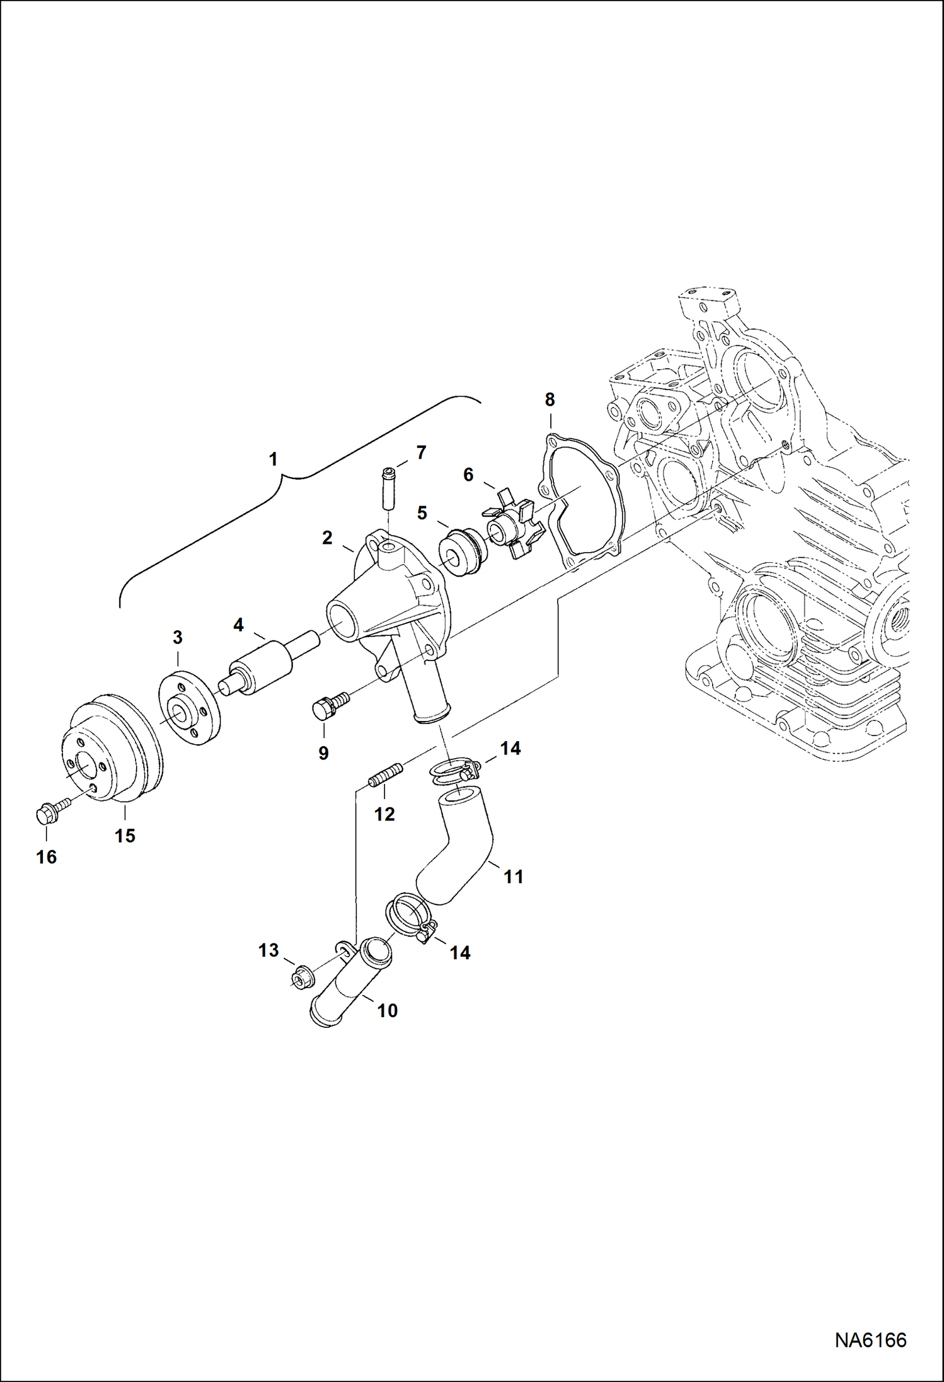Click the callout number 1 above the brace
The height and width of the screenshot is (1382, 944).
[273, 459]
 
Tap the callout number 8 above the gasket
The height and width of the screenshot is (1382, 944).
[550, 399]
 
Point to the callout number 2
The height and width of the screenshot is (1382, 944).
[326, 538]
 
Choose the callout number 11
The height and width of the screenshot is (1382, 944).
[513, 877]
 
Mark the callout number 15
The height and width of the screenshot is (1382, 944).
[125, 836]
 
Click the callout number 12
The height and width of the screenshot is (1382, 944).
[384, 814]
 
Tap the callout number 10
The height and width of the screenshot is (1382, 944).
[387, 1010]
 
